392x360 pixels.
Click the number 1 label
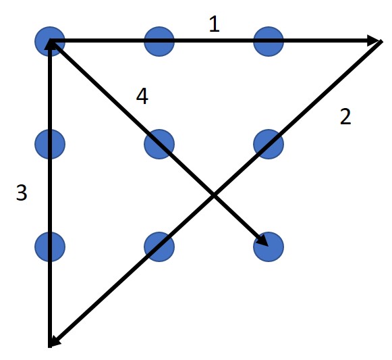[215, 24]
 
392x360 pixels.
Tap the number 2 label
[345, 116]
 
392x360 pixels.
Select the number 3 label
[22, 192]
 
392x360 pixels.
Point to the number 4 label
[142, 97]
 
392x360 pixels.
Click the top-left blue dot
[50, 41]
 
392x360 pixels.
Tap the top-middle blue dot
[159, 41]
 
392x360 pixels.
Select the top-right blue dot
[269, 41]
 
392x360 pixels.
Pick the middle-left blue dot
[50, 144]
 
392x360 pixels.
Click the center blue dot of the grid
[159, 144]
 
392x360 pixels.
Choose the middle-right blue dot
[269, 144]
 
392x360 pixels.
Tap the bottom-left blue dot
[50, 247]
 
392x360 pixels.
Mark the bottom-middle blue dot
[159, 247]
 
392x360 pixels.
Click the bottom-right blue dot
[269, 247]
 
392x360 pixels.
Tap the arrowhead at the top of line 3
[50, 45]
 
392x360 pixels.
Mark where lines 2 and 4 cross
[214, 195]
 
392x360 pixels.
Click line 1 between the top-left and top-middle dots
[105, 41]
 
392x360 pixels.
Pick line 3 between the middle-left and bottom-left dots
[50, 195]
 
